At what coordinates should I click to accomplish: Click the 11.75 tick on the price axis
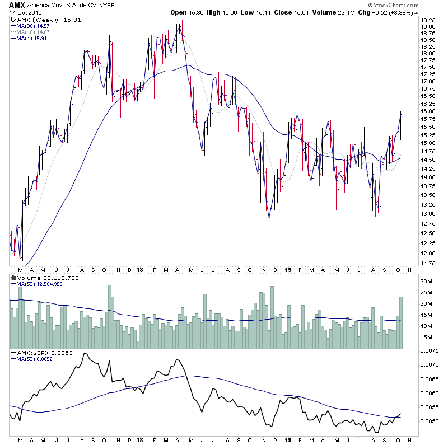click(x=428, y=263)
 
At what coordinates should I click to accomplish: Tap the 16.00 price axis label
click(x=428, y=111)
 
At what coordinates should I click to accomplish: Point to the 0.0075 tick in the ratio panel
click(x=430, y=352)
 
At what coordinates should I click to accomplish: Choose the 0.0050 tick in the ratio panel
click(x=430, y=421)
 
